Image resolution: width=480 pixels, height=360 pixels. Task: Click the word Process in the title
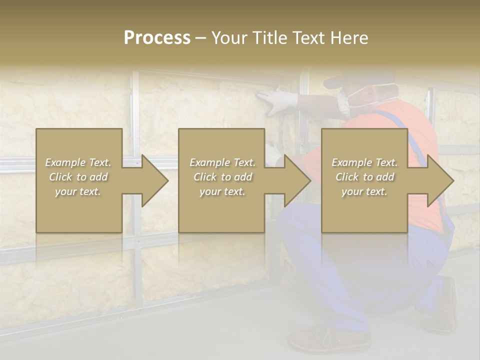point(157,38)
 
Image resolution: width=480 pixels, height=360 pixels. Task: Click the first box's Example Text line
point(78,162)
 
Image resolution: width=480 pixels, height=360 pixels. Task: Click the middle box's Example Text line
point(222,162)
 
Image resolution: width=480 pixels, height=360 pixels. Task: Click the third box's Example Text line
point(364,162)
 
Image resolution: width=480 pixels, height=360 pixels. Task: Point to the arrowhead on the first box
point(154,180)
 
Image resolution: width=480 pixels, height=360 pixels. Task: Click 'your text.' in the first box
point(78,191)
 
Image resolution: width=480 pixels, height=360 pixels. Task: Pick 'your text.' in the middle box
point(222,191)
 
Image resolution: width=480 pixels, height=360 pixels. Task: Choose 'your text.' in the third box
point(364,191)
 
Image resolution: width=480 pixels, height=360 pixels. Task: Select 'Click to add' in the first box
point(78,177)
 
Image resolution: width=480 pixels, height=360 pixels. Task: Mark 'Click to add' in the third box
point(364,177)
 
